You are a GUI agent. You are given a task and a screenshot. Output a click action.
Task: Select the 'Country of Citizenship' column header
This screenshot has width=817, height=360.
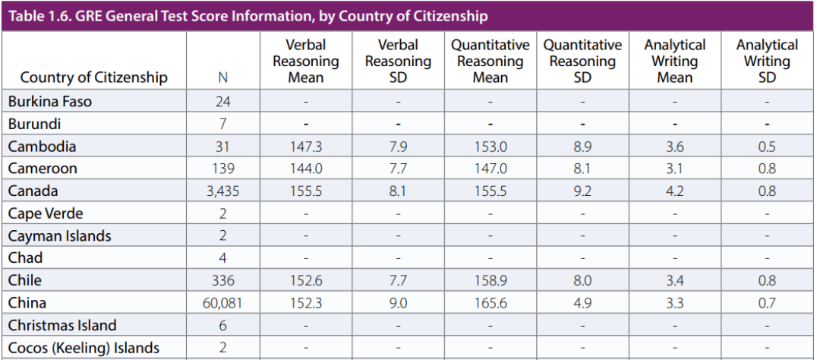pos(93,77)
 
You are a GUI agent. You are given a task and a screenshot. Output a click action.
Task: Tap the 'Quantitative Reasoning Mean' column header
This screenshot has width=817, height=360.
pos(491,62)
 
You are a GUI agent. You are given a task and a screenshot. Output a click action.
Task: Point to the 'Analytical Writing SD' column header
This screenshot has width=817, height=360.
pos(767,62)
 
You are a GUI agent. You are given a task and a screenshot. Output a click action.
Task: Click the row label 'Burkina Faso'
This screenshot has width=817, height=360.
pos(50,102)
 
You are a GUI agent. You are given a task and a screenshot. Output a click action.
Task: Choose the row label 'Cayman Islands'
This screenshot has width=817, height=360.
pos(60,236)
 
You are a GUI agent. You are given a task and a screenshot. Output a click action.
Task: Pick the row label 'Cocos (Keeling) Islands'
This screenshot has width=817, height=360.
pos(84,348)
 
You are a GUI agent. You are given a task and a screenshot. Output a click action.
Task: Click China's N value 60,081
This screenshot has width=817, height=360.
pos(222,303)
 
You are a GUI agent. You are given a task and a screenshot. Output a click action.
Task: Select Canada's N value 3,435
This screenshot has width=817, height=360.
pos(222,191)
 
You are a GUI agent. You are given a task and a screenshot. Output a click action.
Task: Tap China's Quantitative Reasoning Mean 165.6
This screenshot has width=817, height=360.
pos(490,303)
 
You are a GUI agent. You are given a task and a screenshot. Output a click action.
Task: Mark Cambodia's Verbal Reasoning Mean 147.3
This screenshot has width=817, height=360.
pos(306,147)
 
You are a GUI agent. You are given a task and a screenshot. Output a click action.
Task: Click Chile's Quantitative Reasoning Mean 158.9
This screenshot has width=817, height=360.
pos(490,281)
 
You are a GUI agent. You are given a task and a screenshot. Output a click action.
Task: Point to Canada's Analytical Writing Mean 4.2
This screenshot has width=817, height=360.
pos(674,191)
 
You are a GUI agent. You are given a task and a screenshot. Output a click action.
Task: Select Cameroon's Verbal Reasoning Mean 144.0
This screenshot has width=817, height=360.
pos(306,169)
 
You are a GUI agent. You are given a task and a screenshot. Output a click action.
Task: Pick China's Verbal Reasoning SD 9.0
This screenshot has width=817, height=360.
pos(398,303)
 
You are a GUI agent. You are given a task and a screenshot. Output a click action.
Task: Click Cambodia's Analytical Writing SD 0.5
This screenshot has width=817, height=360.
pos(767,147)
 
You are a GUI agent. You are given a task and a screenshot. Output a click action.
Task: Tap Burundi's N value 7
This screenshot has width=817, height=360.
pos(222,124)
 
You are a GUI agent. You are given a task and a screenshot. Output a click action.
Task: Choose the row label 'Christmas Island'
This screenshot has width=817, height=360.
pos(63,326)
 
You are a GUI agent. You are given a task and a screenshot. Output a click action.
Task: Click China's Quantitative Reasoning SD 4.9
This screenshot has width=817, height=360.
pos(582,303)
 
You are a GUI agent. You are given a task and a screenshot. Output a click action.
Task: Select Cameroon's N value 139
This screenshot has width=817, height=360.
pos(222,169)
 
